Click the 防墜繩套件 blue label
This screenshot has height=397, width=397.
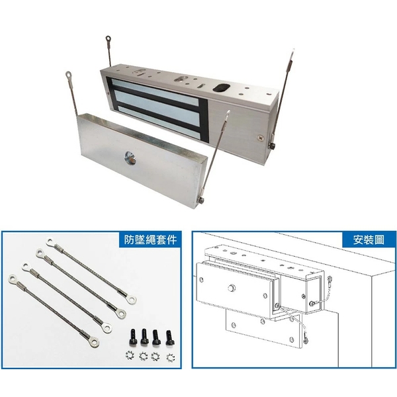[150, 240]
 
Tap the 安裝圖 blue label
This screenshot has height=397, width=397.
[369, 240]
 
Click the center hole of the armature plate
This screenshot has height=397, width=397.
[130, 157]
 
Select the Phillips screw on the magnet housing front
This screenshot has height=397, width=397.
[261, 138]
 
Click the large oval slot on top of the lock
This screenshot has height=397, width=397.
[221, 87]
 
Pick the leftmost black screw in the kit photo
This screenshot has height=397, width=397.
[132, 337]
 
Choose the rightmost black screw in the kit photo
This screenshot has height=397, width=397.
[169, 337]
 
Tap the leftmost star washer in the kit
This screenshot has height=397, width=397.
[130, 355]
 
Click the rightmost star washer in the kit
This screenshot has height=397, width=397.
[171, 357]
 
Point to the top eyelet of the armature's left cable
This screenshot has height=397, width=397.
[69, 75]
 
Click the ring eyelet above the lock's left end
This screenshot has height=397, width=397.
[108, 39]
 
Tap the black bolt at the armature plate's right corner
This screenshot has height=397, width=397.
[201, 200]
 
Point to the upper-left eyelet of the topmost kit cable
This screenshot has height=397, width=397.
[50, 242]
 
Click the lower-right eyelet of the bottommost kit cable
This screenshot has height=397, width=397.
[94, 343]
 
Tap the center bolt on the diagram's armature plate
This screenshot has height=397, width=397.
[231, 288]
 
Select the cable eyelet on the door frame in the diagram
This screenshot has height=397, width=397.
[330, 279]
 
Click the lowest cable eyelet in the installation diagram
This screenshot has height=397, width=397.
[305, 340]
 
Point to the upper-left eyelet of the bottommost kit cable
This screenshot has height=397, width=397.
[13, 279]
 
